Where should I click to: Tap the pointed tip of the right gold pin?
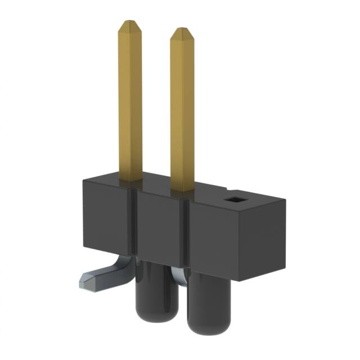click(182, 31)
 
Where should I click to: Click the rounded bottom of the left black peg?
click(151, 316)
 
